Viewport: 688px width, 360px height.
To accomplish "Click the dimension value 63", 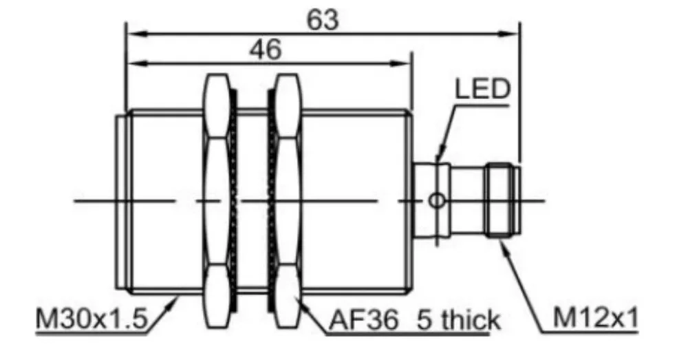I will (x=323, y=20).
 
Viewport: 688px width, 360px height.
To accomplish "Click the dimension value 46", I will (x=265, y=50).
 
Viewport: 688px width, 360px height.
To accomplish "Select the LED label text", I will (x=482, y=89).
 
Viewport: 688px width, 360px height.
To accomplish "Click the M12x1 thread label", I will (x=596, y=318).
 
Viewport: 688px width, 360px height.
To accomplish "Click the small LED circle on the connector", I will (x=436, y=200).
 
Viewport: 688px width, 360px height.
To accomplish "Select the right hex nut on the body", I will (x=286, y=200).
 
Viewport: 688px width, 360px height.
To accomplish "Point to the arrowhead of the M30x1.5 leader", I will (x=176, y=298).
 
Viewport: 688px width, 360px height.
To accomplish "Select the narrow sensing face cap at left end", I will (x=120, y=200).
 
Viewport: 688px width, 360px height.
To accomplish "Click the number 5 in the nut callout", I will (x=419, y=319).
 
